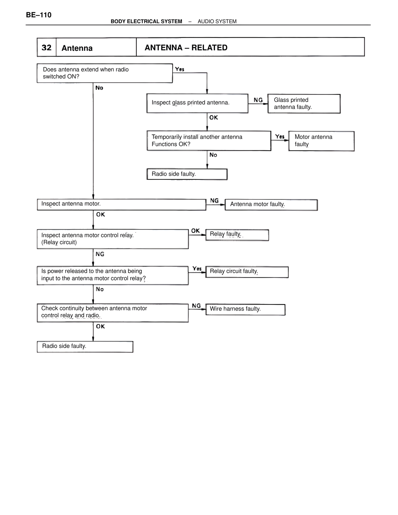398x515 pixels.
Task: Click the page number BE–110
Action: click(x=39, y=15)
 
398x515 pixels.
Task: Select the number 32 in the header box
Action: click(x=47, y=48)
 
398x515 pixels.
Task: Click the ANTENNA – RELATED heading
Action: click(x=186, y=48)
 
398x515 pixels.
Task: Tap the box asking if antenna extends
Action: click(x=104, y=73)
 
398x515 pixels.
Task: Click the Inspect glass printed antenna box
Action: click(x=197, y=103)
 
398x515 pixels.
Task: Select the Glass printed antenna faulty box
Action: click(x=304, y=104)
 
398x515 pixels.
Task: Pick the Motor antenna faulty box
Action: click(x=321, y=141)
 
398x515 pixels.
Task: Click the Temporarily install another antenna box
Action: click(x=209, y=141)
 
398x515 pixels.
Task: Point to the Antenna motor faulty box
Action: click(x=271, y=205)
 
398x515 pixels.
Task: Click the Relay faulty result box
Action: click(x=237, y=235)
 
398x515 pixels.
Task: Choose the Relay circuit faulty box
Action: click(x=247, y=272)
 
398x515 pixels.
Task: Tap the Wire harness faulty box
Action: click(x=245, y=309)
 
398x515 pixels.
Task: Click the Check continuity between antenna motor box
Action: click(x=113, y=313)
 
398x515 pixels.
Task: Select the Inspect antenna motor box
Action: click(x=121, y=204)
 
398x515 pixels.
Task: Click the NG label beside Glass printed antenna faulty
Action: click(x=258, y=100)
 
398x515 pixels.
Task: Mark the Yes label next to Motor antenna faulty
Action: click(x=280, y=137)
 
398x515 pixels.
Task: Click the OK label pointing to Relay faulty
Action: click(x=195, y=231)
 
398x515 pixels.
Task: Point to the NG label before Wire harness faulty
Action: click(x=196, y=306)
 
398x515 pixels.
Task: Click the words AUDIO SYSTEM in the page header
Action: click(x=217, y=21)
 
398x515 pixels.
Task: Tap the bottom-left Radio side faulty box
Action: click(x=85, y=347)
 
